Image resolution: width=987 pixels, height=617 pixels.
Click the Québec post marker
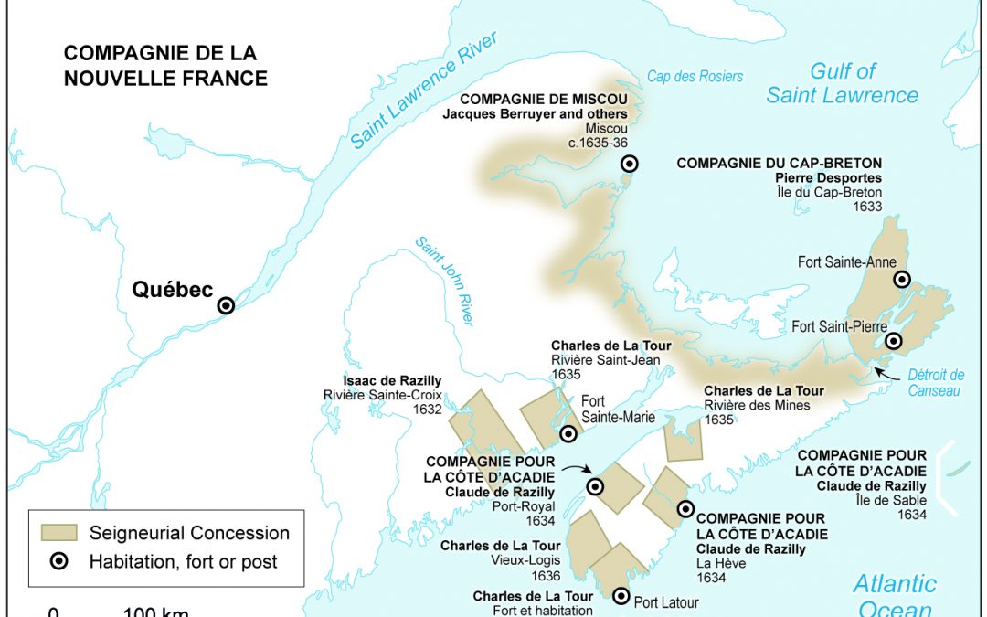(225, 306)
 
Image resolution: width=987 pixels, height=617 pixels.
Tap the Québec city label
(172, 291)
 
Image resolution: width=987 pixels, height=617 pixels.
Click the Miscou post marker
(629, 164)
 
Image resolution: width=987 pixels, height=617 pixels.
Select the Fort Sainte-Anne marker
(902, 279)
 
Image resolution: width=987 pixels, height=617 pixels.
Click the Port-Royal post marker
(595, 486)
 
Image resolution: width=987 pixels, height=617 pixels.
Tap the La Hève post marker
(685, 509)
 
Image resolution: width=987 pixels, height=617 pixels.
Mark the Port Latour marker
(621, 596)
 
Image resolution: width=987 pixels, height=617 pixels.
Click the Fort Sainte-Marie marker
(568, 433)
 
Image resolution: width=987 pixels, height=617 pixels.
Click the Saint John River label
(444, 281)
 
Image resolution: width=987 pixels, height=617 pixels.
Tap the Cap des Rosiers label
(695, 77)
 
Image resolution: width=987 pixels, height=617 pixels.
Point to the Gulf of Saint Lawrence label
(842, 83)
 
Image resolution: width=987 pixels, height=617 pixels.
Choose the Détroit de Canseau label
(936, 383)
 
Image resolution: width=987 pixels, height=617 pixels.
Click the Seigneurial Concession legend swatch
(60, 533)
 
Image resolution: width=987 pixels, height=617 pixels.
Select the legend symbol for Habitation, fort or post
(60, 561)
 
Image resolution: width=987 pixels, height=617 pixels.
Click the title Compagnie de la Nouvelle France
(165, 65)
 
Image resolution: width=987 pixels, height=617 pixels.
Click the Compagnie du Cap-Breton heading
(780, 164)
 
